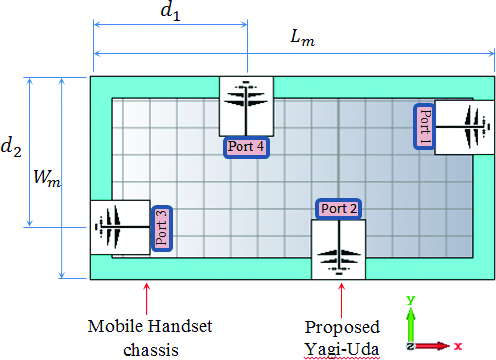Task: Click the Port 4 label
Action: [x=246, y=147]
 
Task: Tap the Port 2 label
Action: [x=339, y=209]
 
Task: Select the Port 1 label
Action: [x=424, y=126]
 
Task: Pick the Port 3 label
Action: [x=162, y=228]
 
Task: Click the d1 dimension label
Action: [x=170, y=12]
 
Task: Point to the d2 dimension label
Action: [x=11, y=147]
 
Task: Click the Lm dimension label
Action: [x=302, y=38]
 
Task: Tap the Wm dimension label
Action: [x=47, y=177]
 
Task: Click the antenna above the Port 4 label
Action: [x=246, y=106]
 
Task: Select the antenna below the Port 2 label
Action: [x=338, y=249]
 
